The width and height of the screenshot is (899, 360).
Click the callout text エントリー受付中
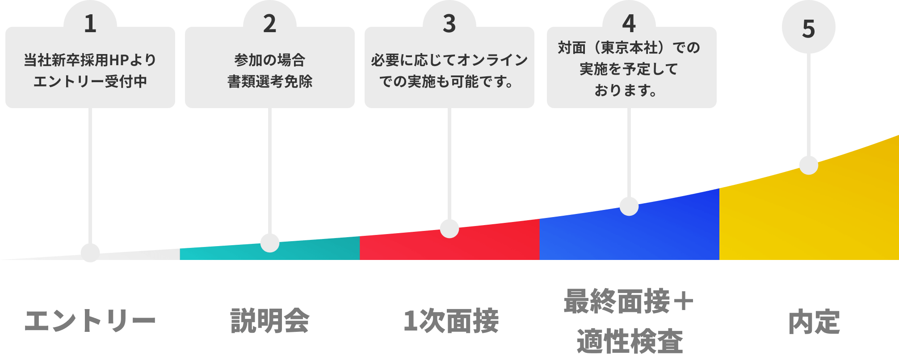click(90, 81)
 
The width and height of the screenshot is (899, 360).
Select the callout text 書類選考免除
click(270, 81)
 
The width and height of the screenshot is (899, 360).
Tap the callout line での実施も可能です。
click(447, 81)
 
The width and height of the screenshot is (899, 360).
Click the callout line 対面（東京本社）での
click(629, 47)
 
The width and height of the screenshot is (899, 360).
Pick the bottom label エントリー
click(90, 321)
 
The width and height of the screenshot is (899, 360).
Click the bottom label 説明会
click(270, 321)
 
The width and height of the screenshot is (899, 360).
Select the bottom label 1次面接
click(450, 321)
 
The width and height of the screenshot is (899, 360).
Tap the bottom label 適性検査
click(630, 341)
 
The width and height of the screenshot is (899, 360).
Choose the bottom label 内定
click(814, 322)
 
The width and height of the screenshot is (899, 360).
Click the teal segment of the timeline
click(313, 250)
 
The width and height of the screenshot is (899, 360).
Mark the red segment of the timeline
click(492, 243)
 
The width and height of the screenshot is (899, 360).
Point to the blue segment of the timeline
click(670, 232)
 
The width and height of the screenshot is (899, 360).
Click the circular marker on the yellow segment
click(808, 165)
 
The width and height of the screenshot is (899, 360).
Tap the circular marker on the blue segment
click(629, 206)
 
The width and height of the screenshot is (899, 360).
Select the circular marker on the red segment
click(449, 229)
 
